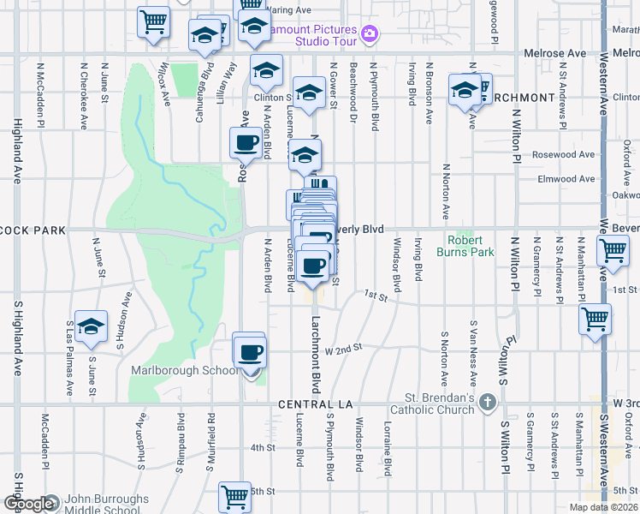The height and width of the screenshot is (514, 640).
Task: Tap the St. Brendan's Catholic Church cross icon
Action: (x=487, y=401)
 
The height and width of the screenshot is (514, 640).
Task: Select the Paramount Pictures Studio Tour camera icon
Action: (x=370, y=34)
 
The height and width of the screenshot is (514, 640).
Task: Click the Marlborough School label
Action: (x=185, y=370)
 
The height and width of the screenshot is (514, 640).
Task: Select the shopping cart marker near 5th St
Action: (x=234, y=495)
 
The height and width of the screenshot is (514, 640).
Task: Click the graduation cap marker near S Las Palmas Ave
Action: (x=91, y=326)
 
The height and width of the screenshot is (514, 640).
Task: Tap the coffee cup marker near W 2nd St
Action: (x=251, y=351)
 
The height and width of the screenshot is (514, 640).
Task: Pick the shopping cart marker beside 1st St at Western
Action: (x=595, y=320)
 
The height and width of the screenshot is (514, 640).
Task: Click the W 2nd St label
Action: (x=344, y=348)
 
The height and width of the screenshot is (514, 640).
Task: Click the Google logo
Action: (x=27, y=504)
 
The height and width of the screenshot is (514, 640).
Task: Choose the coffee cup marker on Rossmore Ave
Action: (x=246, y=142)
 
